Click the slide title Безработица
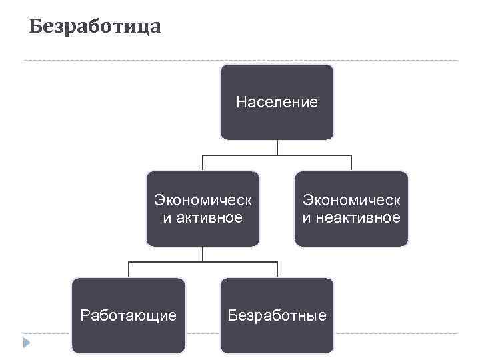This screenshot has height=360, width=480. click(x=95, y=27)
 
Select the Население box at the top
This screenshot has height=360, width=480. click(x=277, y=102)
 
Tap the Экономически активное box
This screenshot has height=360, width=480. click(x=203, y=209)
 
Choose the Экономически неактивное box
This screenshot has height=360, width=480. click(x=351, y=209)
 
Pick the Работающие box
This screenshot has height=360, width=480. click(x=129, y=315)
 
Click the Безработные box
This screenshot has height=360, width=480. click(x=277, y=315)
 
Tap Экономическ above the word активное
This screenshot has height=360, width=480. click(x=203, y=200)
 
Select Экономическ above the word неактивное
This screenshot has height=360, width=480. click(x=351, y=200)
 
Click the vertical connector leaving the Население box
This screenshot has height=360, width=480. click(x=277, y=147)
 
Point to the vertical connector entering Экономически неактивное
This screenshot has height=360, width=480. click(x=351, y=163)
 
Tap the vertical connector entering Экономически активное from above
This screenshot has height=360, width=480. click(x=203, y=163)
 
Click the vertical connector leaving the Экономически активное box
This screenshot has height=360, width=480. click(x=203, y=254)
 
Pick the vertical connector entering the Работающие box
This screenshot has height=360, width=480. click(x=129, y=270)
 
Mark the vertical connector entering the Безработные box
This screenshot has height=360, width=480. click(x=277, y=270)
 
